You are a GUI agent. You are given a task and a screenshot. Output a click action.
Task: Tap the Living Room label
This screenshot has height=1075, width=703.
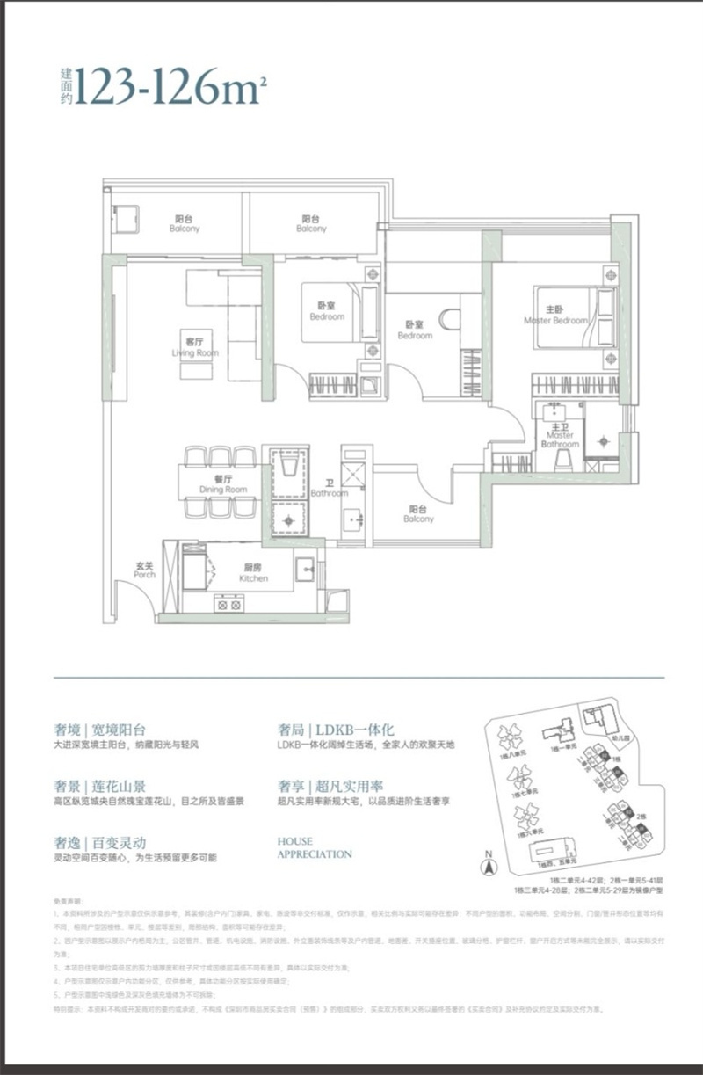pos(195,348)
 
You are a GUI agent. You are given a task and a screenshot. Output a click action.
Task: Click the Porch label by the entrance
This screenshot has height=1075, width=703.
pos(145,570)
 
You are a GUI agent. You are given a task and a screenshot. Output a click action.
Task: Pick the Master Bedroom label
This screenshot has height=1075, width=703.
pos(555,316)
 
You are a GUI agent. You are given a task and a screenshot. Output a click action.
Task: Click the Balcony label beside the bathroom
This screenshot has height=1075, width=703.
pos(418,513)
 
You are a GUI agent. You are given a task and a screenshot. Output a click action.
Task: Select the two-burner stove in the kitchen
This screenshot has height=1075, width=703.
pos(229,604)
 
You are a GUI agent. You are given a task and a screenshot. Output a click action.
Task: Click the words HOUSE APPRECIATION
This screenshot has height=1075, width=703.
pos(314,847)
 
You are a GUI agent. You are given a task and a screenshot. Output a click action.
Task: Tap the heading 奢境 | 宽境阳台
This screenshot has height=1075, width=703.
pos(99,730)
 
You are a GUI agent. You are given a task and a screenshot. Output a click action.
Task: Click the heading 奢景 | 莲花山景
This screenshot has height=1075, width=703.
pos(99,786)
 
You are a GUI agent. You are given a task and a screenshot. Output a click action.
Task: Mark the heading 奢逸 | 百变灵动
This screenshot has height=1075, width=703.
pos(99,841)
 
